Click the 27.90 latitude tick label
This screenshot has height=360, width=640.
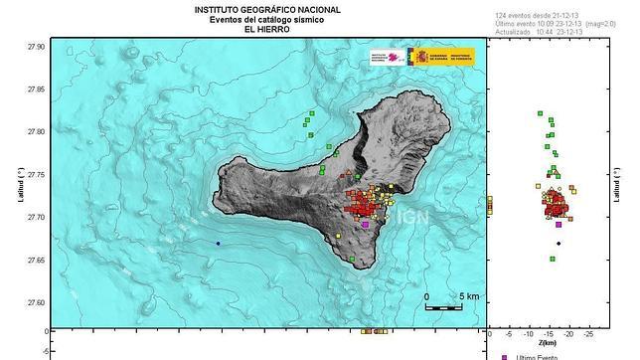[x=35, y=47]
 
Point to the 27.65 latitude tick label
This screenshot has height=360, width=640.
[x=35, y=261]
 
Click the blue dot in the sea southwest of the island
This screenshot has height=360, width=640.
[x=219, y=243]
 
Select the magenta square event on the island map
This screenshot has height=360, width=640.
[x=365, y=225]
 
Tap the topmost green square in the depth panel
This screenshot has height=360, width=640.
[x=540, y=113]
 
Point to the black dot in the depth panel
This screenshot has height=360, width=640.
[x=560, y=243]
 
